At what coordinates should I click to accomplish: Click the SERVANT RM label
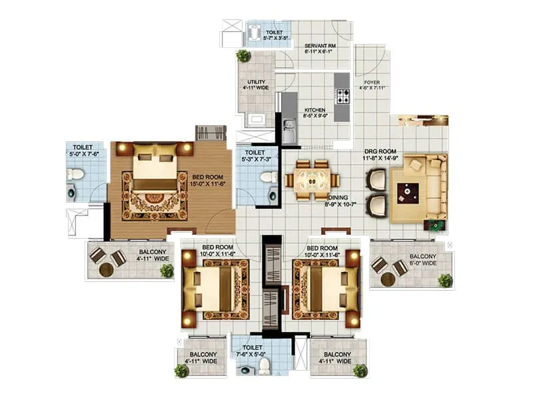click(x=320, y=45)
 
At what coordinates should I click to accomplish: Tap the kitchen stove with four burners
click(x=342, y=97)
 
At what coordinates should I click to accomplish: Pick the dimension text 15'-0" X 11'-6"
click(x=207, y=183)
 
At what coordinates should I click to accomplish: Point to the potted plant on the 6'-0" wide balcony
click(x=445, y=280)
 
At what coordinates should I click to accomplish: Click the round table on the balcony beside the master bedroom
click(x=106, y=270)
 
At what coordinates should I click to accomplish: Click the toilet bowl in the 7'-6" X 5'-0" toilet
click(x=264, y=365)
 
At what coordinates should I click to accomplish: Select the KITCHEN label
click(x=315, y=110)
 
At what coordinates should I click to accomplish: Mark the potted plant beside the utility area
click(x=244, y=55)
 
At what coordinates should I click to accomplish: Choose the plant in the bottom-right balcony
click(x=360, y=370)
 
